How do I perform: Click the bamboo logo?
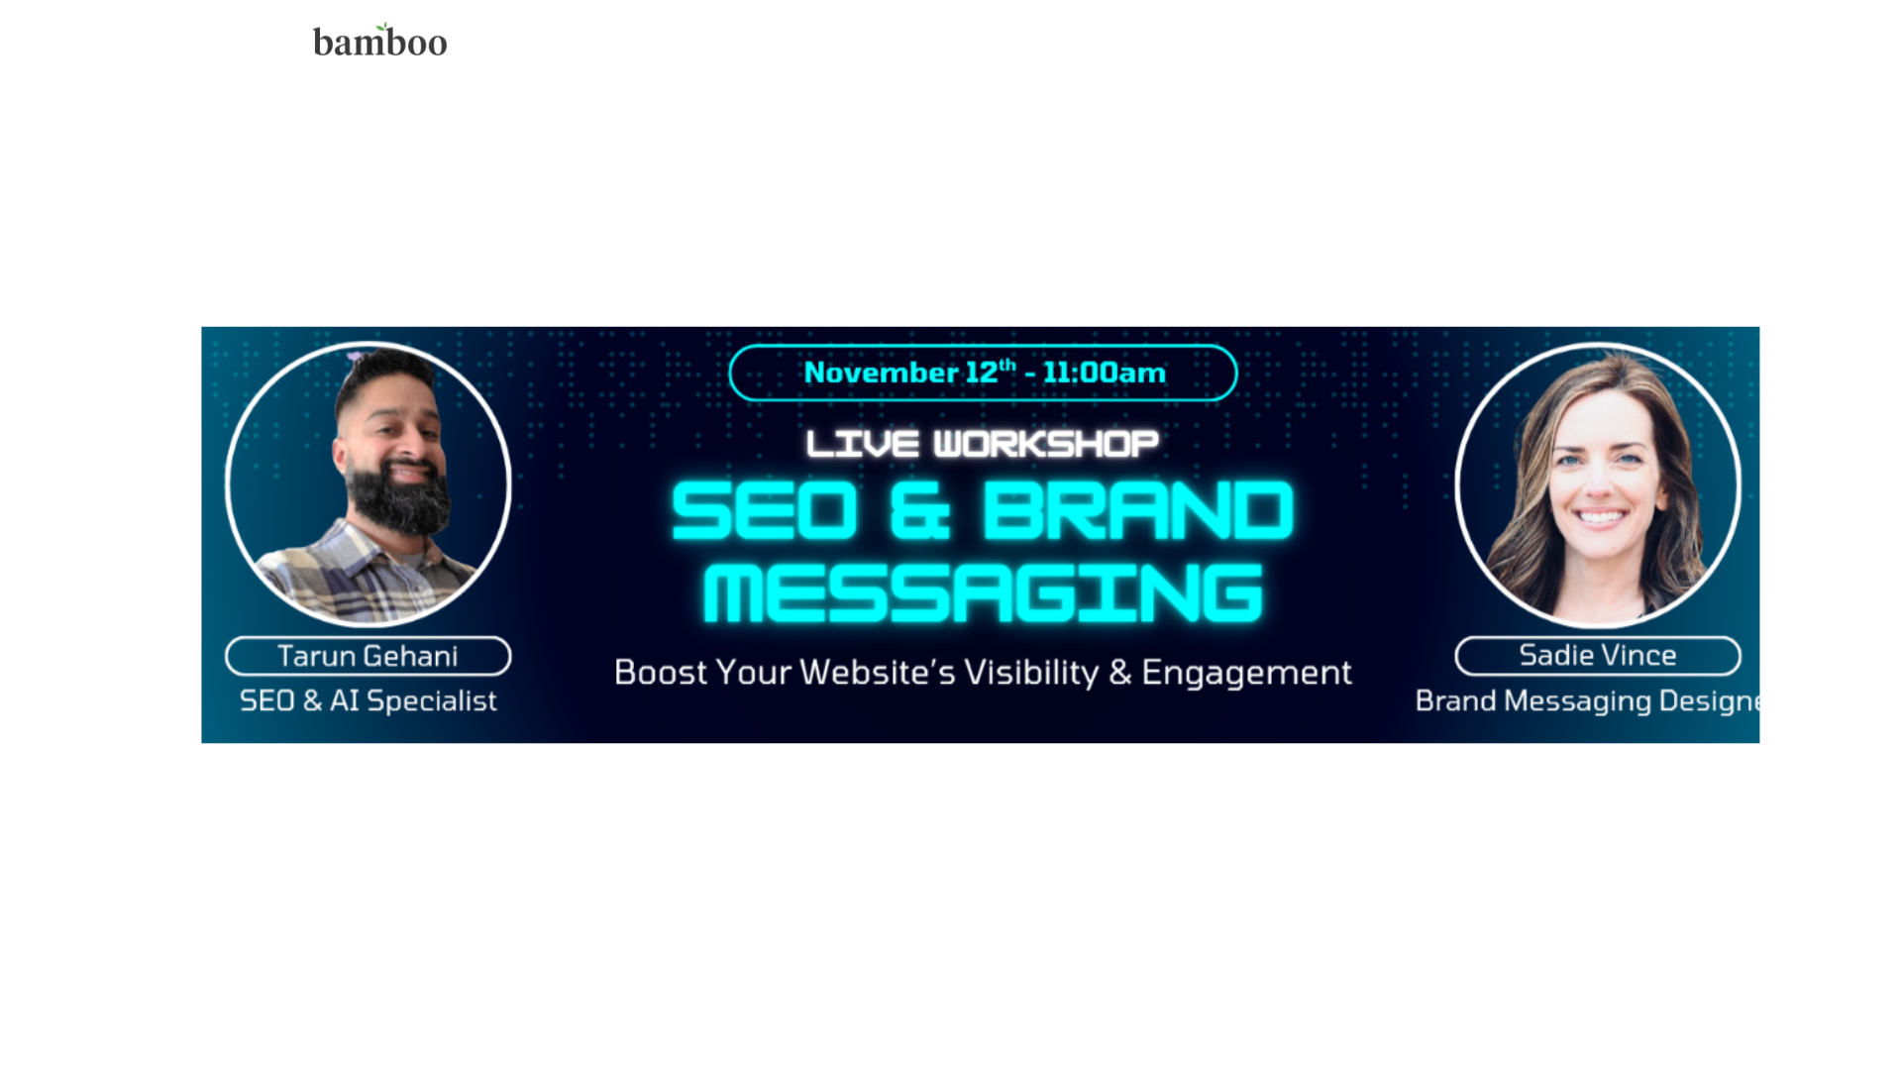379,42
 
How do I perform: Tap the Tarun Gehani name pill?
368,656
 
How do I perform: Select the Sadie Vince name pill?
1597,655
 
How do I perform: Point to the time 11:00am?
1104,373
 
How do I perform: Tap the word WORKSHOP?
1046,444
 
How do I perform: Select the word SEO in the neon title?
764,511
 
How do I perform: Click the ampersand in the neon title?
919,511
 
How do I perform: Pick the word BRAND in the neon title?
1137,511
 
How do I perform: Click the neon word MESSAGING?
983,593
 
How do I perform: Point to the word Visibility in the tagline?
1031,673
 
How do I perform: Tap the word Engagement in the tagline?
1246,673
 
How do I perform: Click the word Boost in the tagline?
660,673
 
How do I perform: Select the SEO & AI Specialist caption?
368,700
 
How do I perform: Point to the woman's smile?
1600,516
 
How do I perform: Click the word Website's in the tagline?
877,673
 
